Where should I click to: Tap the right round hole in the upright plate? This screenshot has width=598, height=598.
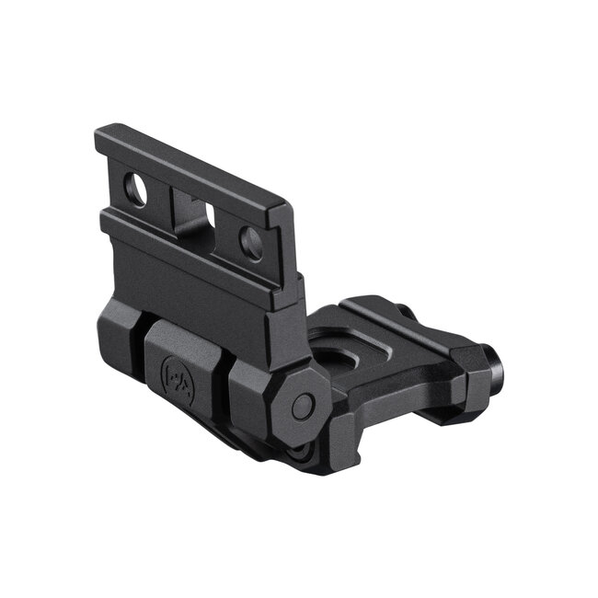(x=250, y=243)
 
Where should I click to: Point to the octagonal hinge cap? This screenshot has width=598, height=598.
(x=300, y=405)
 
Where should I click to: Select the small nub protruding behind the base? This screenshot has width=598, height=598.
(x=405, y=312)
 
